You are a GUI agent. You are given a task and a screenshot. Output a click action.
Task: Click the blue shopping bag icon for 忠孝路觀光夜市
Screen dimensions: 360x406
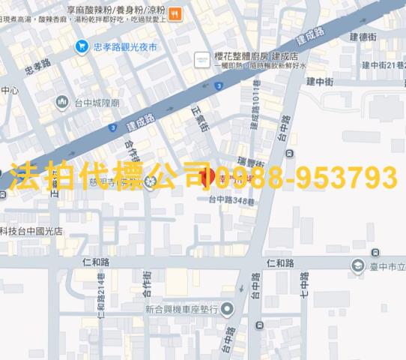[x=81, y=47]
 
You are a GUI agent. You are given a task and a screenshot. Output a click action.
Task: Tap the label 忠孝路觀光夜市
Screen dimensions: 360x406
[x=126, y=47]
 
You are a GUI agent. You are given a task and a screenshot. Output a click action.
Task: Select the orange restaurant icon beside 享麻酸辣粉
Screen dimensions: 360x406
[x=174, y=13]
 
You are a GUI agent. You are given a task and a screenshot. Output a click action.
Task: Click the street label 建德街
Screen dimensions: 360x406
[x=363, y=35]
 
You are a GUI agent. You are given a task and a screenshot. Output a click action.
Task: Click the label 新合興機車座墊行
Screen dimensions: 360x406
[x=181, y=309]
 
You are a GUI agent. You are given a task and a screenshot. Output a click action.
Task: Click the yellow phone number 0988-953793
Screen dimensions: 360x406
[x=306, y=178]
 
